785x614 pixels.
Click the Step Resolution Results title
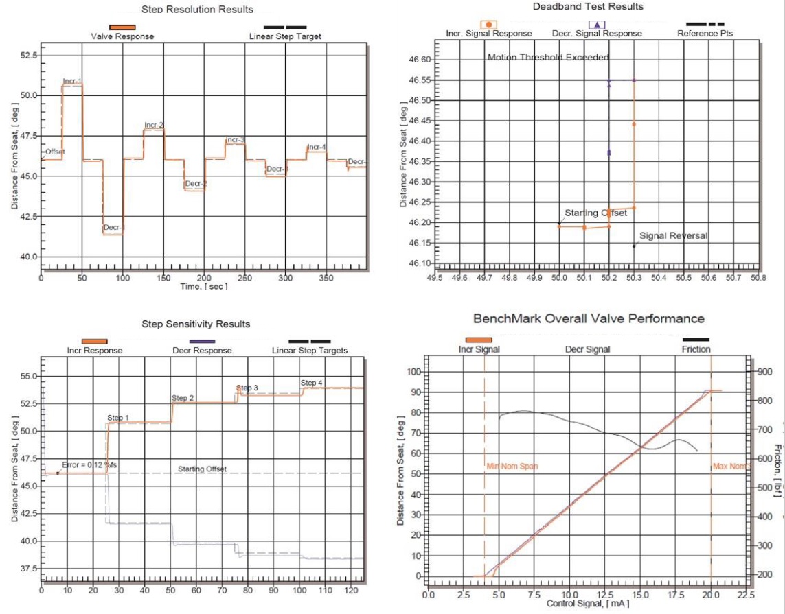pos(197,10)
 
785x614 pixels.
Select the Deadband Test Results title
pos(588,6)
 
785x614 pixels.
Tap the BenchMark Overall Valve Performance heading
pos(588,318)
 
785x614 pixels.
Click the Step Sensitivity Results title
pos(196,324)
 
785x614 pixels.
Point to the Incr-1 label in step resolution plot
pos(72,82)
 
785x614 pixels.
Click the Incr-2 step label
pos(154,125)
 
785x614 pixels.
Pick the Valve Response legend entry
pos(122,36)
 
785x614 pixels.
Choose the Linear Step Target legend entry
pos(285,36)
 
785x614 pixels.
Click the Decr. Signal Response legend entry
pos(597,33)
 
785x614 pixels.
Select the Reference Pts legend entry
pos(705,33)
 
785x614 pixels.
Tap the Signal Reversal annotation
pos(673,236)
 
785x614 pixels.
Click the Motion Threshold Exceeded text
pos(548,58)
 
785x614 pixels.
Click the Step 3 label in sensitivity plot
pos(247,388)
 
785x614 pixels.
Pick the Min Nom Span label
pos(512,467)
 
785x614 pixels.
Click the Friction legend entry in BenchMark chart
pos(696,349)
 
